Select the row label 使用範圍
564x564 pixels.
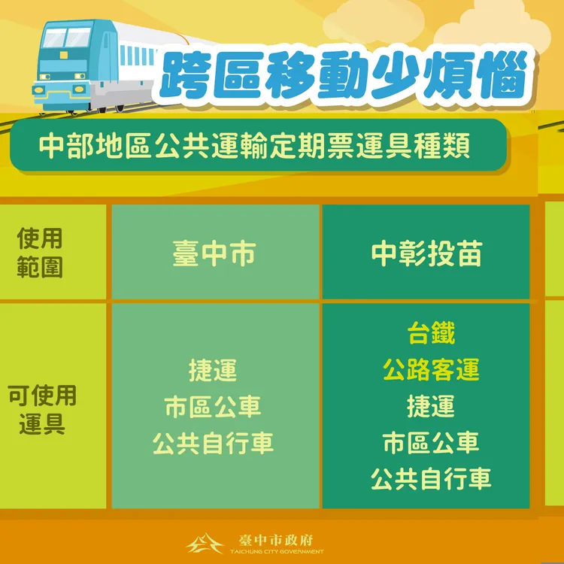point(39,253)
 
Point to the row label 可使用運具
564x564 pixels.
point(42,408)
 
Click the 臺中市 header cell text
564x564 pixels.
point(214,253)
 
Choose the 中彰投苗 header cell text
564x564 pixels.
point(426,253)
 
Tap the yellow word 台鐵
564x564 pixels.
point(431,332)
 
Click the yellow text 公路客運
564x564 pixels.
point(431,369)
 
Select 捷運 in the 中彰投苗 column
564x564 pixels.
point(431,406)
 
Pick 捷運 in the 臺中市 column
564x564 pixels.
point(213,370)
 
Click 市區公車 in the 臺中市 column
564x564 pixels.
point(213,407)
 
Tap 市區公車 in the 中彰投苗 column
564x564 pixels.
point(431,442)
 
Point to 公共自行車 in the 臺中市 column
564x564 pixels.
point(213,443)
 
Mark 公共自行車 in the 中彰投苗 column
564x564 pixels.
point(431,479)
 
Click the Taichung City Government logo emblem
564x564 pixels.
point(204,543)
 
